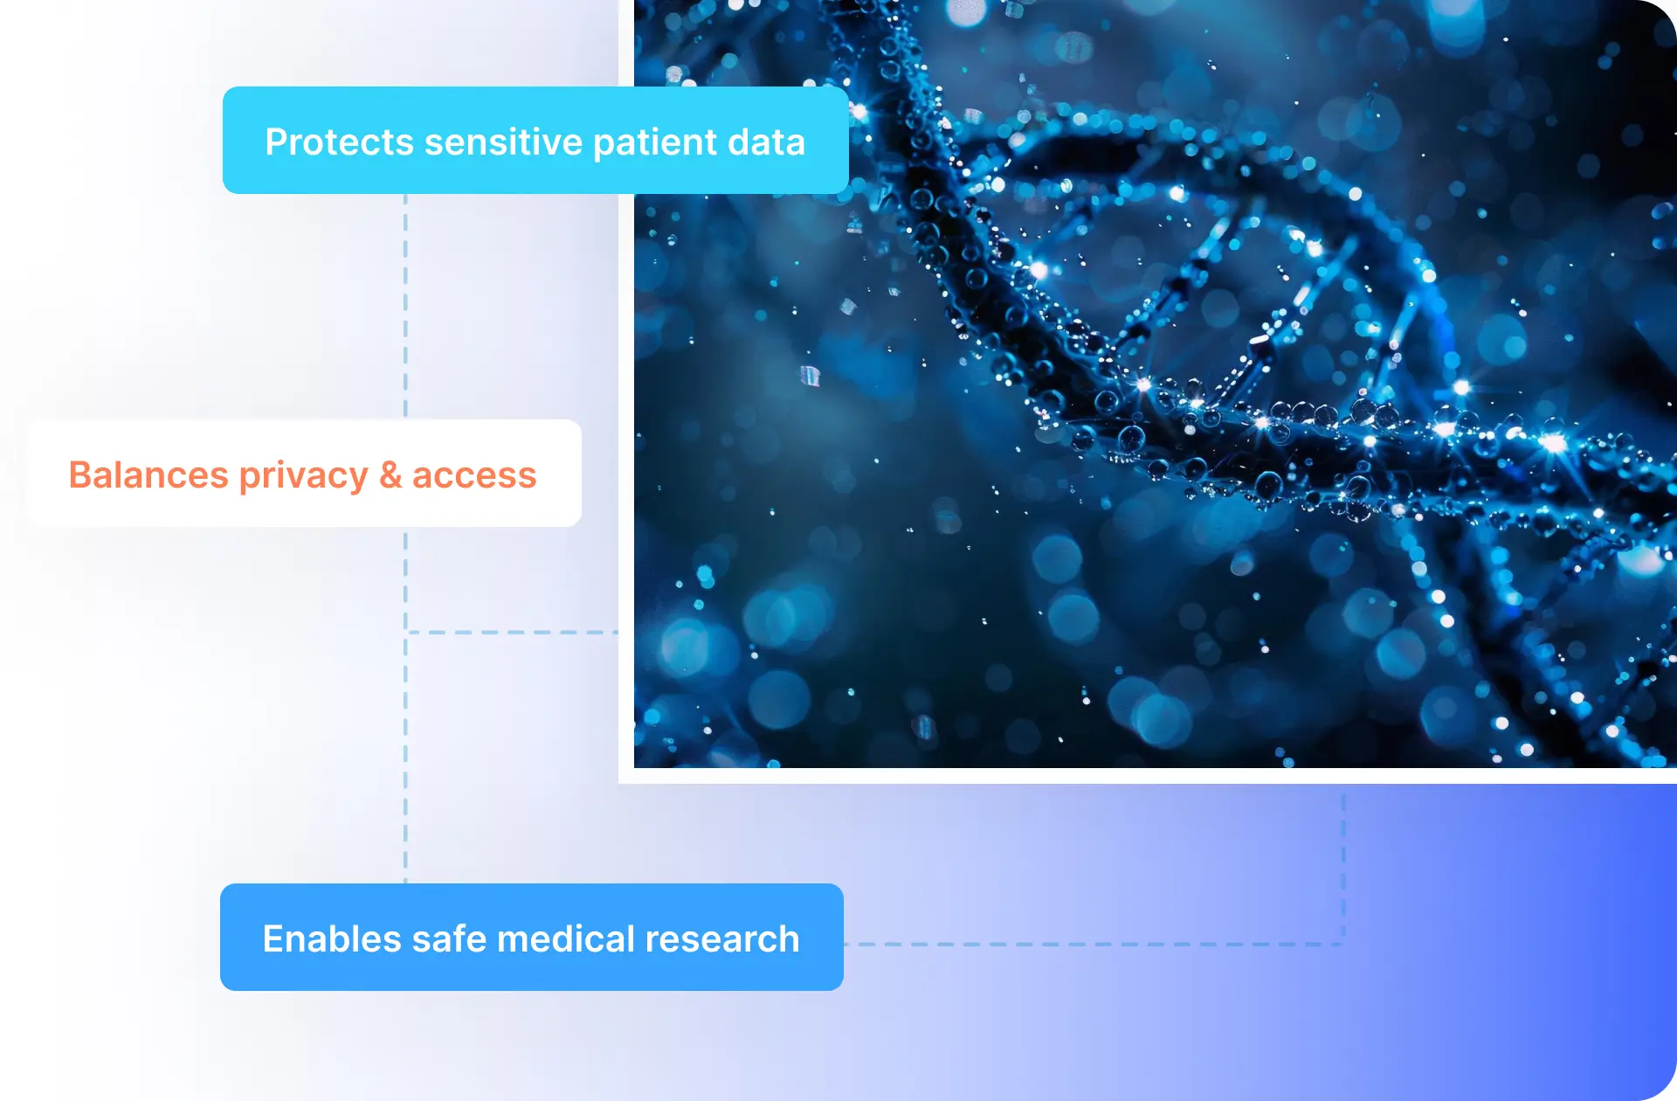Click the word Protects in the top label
click(339, 142)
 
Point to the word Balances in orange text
click(148, 474)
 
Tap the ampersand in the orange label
click(390, 475)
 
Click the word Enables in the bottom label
click(332, 938)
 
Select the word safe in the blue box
click(448, 938)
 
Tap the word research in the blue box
click(722, 939)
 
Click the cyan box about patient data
click(535, 140)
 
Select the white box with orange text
click(304, 474)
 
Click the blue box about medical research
click(531, 937)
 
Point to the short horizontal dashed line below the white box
click(512, 632)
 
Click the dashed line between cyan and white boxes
click(405, 307)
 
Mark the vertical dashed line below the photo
click(1343, 865)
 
